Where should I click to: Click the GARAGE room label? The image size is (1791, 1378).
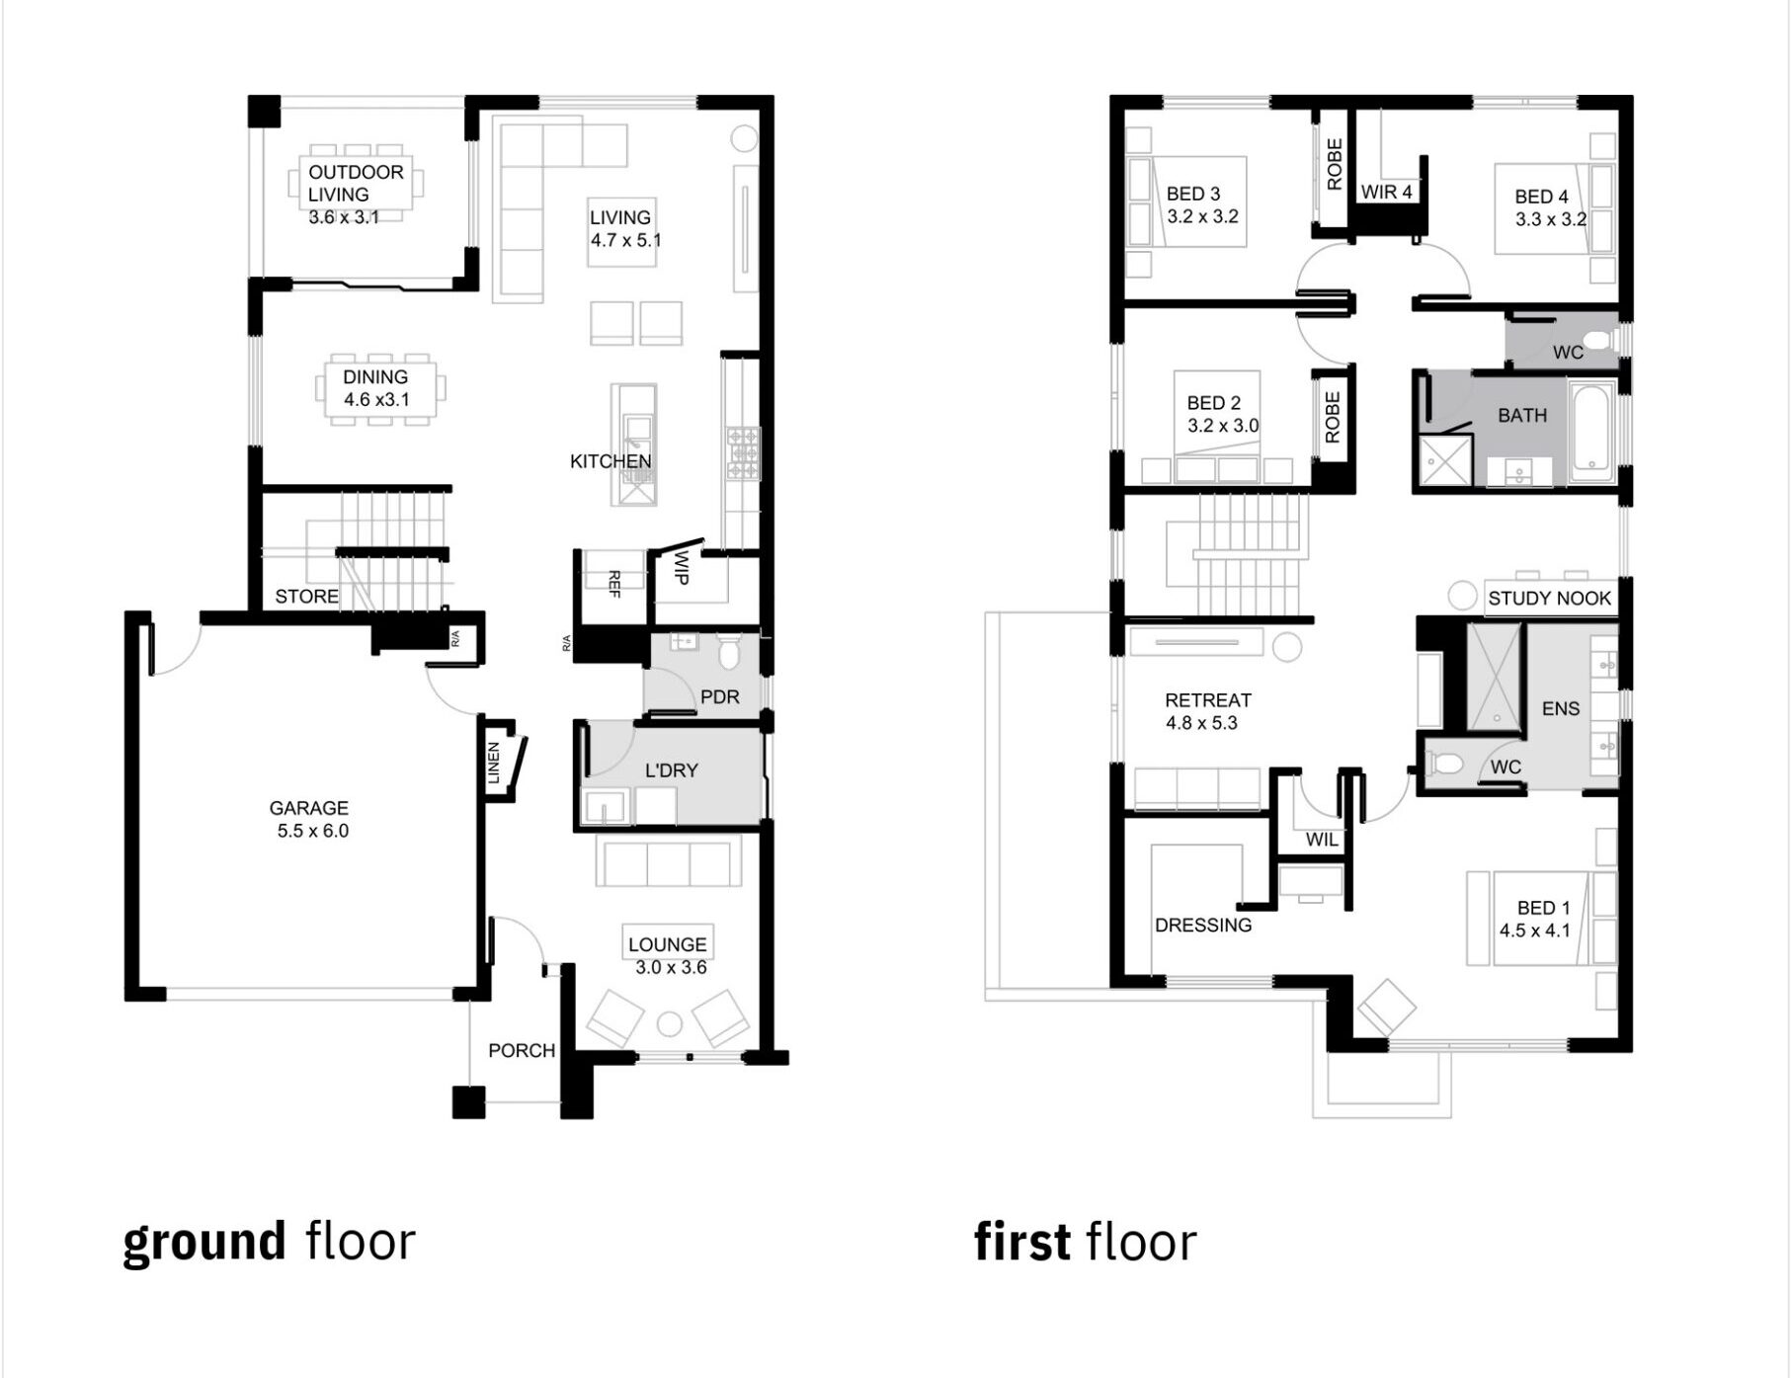click(x=309, y=808)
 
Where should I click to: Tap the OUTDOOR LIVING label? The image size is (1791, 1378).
click(x=356, y=184)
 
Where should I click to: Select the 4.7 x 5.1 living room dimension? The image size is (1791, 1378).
click(x=626, y=240)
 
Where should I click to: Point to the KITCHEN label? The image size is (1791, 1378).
click(x=611, y=461)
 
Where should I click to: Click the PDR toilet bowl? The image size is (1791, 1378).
click(x=729, y=652)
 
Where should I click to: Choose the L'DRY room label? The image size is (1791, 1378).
click(x=672, y=770)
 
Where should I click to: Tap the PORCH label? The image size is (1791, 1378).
click(x=522, y=1051)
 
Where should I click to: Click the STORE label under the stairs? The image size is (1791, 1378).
click(x=306, y=597)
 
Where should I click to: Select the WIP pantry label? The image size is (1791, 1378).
click(x=681, y=567)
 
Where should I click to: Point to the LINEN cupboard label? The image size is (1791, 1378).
click(x=494, y=763)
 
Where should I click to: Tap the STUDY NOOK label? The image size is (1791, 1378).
click(x=1549, y=599)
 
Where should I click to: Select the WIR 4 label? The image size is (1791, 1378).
click(x=1386, y=192)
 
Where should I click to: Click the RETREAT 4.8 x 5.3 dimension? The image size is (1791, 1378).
click(x=1201, y=723)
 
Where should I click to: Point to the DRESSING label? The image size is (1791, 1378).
click(x=1203, y=926)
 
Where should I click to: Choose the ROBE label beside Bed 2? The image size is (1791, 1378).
click(x=1333, y=417)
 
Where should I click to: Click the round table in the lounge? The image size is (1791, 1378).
click(x=670, y=1024)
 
